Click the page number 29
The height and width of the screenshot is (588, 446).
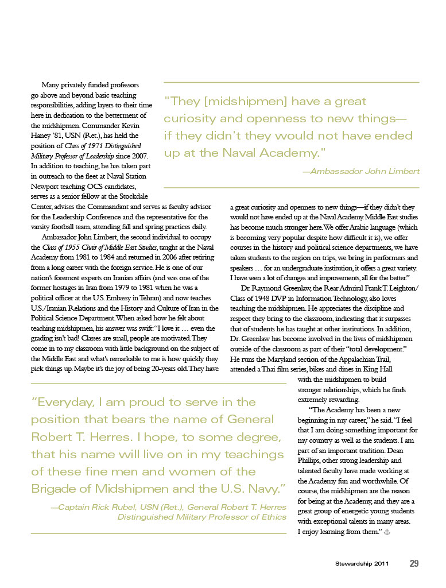point(414,563)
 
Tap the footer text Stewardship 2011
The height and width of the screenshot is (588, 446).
point(362,564)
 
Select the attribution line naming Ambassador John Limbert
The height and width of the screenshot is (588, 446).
point(361,171)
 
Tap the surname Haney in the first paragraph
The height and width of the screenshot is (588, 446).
point(41,135)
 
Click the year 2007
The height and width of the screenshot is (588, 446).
point(141,156)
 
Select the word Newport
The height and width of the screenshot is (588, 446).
point(46,187)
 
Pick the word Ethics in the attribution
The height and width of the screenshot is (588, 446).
point(273,517)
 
